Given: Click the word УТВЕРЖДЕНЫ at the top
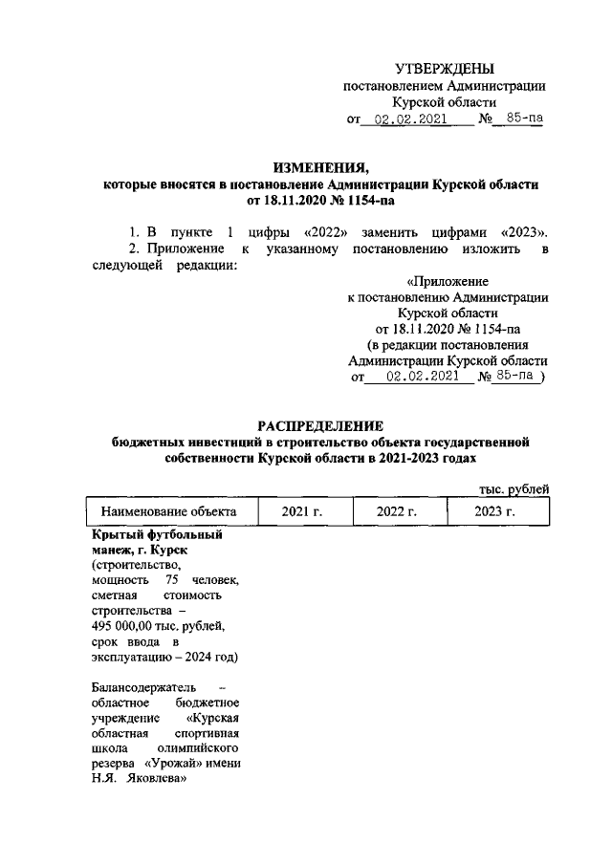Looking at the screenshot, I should click(446, 68).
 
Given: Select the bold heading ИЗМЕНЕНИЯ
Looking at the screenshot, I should click(320, 166).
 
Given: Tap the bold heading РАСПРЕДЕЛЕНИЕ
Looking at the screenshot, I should click(320, 425).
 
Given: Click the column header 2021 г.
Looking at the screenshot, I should click(301, 512).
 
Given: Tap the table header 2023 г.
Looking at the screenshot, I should click(494, 512).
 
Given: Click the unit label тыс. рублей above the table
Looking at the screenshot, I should click(514, 489).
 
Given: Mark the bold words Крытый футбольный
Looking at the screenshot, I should click(157, 535).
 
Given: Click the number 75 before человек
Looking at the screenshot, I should click(172, 581).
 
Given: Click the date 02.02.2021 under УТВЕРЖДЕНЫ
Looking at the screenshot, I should click(409, 120).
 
